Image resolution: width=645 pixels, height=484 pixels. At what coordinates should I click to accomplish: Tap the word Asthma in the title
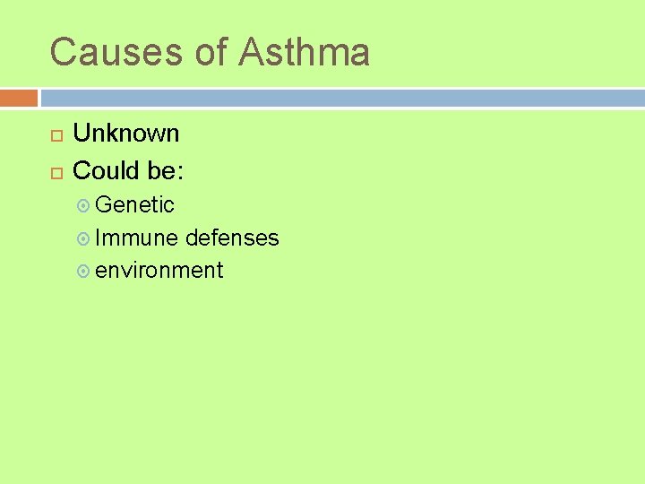(304, 52)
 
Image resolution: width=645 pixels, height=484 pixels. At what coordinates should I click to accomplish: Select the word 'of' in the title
(212, 52)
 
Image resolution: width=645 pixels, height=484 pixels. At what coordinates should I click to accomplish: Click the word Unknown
(125, 134)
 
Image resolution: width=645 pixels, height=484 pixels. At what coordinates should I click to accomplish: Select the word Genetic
(134, 205)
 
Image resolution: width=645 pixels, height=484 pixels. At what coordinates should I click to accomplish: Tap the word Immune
(136, 238)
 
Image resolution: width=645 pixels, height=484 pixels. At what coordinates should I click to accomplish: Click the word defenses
(232, 238)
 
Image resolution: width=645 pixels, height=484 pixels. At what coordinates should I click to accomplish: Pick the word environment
(159, 270)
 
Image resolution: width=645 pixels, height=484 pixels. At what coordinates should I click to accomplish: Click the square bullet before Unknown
(56, 135)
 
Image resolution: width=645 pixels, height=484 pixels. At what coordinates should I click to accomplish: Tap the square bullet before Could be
(56, 171)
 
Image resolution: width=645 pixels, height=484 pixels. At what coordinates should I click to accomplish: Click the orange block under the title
(19, 97)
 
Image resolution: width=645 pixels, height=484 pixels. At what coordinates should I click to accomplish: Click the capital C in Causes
(63, 52)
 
